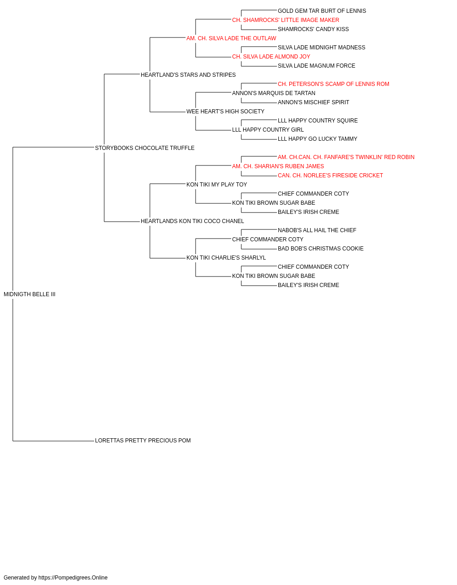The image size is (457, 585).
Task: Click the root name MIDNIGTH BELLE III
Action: coord(29,294)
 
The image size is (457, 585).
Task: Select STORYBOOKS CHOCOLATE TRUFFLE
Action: coord(144,148)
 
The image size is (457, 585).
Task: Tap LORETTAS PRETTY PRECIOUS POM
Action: coord(143,441)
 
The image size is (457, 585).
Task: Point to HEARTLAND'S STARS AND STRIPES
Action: coord(188,75)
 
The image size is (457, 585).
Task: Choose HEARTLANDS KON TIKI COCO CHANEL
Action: coord(192,221)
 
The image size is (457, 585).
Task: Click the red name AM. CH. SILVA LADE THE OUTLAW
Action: coord(231,38)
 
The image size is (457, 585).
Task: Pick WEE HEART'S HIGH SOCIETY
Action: coord(225,112)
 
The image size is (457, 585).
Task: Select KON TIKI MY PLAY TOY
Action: coord(216,185)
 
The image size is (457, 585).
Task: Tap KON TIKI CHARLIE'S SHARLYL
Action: coord(226,258)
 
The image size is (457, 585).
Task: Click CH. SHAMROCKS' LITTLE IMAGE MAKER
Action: coord(286,20)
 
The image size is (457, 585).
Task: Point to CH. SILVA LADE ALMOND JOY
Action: coord(271,57)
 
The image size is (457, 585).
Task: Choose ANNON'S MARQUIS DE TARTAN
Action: coord(273,93)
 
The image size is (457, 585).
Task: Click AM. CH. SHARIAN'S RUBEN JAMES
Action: coord(278,166)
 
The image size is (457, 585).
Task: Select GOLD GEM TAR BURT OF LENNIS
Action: coord(322,11)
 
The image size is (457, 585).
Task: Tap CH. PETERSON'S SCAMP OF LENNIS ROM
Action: coord(333,84)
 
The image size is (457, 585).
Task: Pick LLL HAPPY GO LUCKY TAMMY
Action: coord(317,139)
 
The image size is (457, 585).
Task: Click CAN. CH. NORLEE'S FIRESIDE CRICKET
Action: coord(330,175)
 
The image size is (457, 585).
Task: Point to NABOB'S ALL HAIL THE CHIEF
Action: coord(317,230)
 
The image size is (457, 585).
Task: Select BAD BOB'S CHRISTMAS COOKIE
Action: coord(320,249)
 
